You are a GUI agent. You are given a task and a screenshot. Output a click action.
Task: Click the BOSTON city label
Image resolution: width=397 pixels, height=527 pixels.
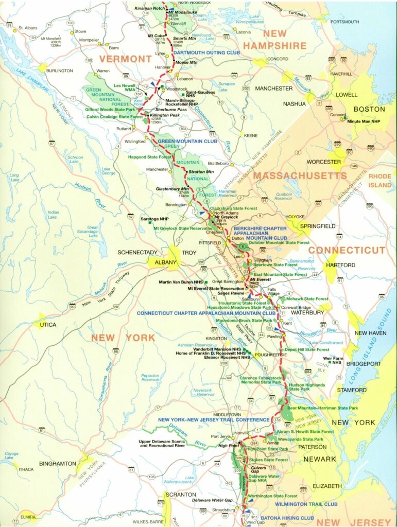pyautogui.click(x=368, y=109)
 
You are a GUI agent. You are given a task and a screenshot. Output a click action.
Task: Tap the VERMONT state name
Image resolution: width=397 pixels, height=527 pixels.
pyautogui.click(x=126, y=59)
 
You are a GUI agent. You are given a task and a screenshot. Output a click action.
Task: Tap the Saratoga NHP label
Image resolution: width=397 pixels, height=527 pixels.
pyautogui.click(x=155, y=219)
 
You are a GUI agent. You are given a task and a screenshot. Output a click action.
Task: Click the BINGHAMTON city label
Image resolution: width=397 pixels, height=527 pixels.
pyautogui.click(x=57, y=463)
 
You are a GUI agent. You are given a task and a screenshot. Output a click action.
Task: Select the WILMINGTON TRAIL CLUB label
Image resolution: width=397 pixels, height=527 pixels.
pyautogui.click(x=306, y=504)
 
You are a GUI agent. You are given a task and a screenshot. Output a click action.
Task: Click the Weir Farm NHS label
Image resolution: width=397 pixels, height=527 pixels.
pyautogui.click(x=333, y=360)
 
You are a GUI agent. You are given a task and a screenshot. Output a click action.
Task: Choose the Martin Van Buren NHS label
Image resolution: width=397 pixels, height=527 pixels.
pyautogui.click(x=180, y=282)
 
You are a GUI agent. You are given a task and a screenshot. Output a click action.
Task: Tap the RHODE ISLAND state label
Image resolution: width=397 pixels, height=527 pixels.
pyautogui.click(x=379, y=180)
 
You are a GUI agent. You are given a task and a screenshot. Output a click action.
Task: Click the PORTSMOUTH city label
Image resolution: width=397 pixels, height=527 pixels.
pyautogui.click(x=344, y=22)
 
